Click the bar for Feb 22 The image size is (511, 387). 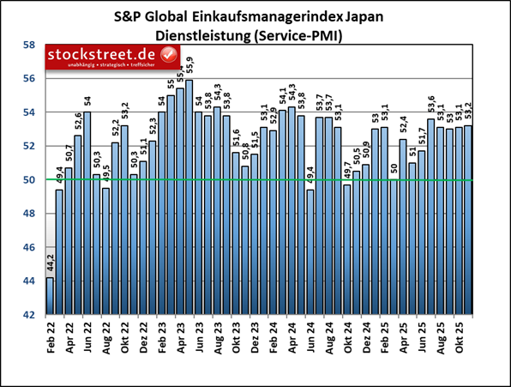pyautogui.click(x=50, y=296)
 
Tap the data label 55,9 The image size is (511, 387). pyautogui.click(x=189, y=65)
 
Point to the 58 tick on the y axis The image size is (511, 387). pyautogui.click(x=28, y=45)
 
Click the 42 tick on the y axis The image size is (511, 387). pyautogui.click(x=28, y=315)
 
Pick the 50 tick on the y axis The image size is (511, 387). pyautogui.click(x=28, y=180)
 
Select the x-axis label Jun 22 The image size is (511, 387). pyautogui.click(x=87, y=335)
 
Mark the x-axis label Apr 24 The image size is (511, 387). pyautogui.click(x=292, y=335)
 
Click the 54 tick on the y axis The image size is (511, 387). pyautogui.click(x=28, y=112)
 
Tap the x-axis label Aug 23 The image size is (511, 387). pyautogui.click(x=218, y=335)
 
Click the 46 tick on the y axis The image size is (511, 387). pyautogui.click(x=28, y=247)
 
